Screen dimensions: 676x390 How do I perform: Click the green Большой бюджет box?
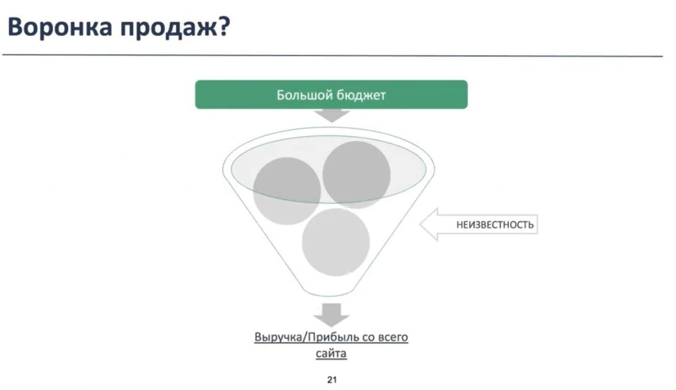click(331, 94)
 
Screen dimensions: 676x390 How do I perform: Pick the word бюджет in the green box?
click(361, 95)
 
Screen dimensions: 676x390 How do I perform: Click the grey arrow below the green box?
click(331, 115)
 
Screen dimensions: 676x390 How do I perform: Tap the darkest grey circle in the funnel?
click(356, 175)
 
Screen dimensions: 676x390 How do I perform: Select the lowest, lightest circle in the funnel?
click(336, 242)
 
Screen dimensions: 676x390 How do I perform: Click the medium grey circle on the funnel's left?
click(287, 191)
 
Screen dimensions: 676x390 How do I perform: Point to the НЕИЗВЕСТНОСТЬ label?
click(495, 224)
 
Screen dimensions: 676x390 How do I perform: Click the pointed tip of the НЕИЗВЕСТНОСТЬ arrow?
click(421, 224)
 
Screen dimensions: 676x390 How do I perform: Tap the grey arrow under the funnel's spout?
click(331, 315)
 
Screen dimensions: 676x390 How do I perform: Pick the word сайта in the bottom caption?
click(331, 354)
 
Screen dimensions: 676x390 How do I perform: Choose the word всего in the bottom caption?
click(393, 338)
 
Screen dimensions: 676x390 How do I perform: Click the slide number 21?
click(332, 379)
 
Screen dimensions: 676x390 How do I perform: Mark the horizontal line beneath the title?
click(332, 55)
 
